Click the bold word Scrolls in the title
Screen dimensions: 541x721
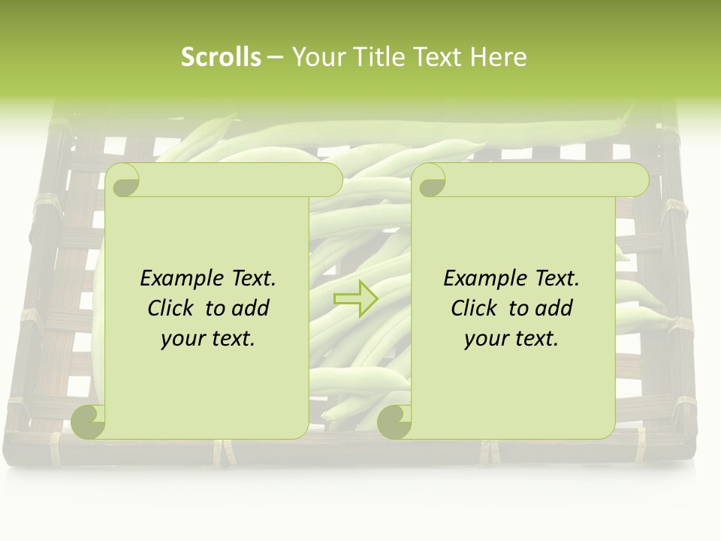coord(221,57)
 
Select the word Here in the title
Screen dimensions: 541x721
coord(499,57)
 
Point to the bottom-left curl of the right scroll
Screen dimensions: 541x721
coord(394,422)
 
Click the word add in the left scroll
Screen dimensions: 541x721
coord(251,308)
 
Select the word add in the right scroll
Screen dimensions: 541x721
coord(554,308)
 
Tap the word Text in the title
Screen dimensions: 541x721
coord(438,57)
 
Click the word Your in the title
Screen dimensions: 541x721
coord(315,57)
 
